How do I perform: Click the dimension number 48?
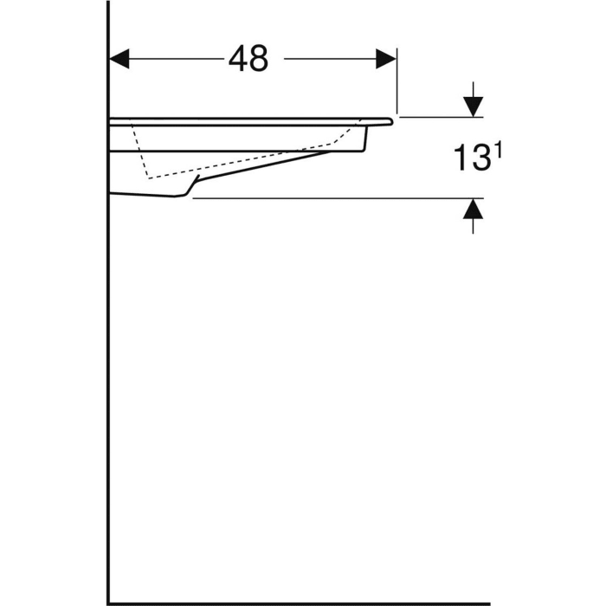[x=248, y=59]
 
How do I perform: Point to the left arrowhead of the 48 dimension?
[x=119, y=59]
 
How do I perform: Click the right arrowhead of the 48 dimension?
[x=386, y=59]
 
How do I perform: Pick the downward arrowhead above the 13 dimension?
[x=472, y=106]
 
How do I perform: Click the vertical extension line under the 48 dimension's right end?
[x=396, y=87]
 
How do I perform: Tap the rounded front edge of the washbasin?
[x=390, y=122]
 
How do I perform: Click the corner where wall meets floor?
[x=108, y=603]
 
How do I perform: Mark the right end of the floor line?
[x=488, y=603]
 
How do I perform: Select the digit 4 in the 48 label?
[x=238, y=59]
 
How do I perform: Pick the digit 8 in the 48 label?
[x=259, y=59]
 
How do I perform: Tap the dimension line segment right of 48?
[x=329, y=59]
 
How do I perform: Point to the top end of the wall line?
[x=108, y=3]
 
